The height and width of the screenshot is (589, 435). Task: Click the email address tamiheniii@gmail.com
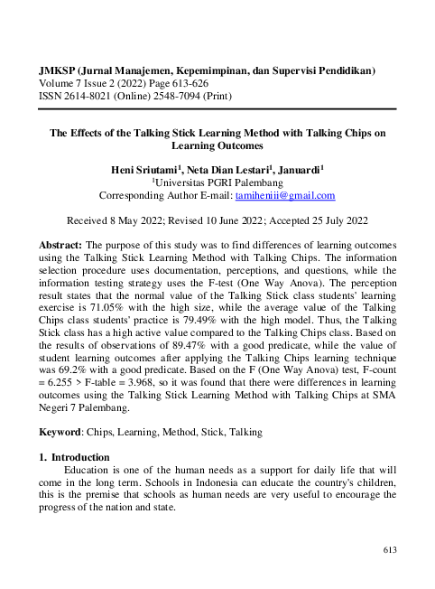285,195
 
